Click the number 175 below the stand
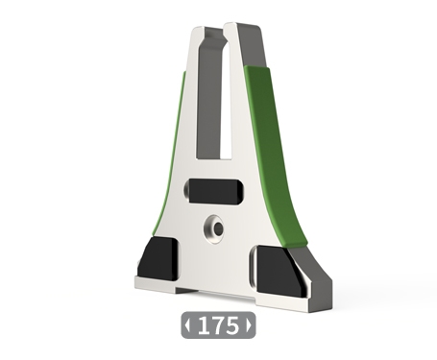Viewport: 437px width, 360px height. [219, 325]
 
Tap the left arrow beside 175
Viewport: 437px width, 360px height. [187, 325]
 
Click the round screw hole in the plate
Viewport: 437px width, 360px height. [215, 228]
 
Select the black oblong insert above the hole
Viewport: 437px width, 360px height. [214, 191]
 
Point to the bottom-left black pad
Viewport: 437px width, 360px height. [158, 259]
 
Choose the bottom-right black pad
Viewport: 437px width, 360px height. [279, 271]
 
